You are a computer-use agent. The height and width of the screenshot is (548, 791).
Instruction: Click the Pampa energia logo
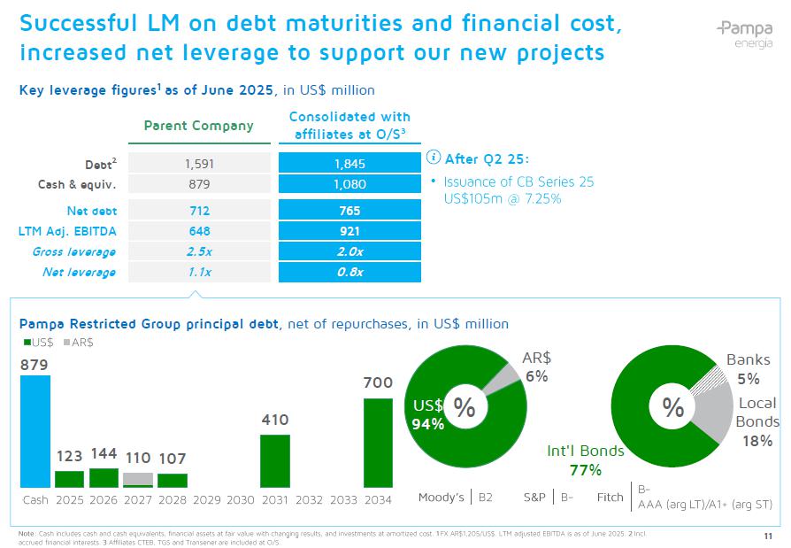pyautogui.click(x=743, y=35)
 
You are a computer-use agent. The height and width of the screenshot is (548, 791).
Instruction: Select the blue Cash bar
pyautogui.click(x=35, y=431)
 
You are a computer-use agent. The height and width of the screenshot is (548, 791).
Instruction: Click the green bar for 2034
pyautogui.click(x=378, y=443)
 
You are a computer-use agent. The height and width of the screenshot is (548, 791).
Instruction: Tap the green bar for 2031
pyautogui.click(x=274, y=460)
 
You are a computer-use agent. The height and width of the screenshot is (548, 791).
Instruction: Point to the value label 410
pyautogui.click(x=274, y=420)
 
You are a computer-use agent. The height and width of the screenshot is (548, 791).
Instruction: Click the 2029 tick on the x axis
pyautogui.click(x=206, y=499)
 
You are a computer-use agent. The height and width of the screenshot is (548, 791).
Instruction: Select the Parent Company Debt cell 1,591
pyautogui.click(x=200, y=163)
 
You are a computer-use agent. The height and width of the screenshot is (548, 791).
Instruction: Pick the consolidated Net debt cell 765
pyautogui.click(x=349, y=211)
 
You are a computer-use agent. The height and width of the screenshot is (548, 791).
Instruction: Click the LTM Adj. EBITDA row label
pyautogui.click(x=67, y=231)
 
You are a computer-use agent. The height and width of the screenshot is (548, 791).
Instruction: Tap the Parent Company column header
pyautogui.click(x=198, y=126)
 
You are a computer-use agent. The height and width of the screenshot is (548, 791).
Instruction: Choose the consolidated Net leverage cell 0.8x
pyautogui.click(x=349, y=272)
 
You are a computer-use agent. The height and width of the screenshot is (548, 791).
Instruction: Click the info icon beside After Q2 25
pyautogui.click(x=434, y=158)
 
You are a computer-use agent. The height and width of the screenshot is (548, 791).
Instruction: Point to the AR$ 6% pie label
pyautogui.click(x=536, y=367)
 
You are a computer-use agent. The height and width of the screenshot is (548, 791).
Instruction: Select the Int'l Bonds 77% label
pyautogui.click(x=585, y=459)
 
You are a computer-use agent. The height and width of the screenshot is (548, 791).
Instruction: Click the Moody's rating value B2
pyautogui.click(x=485, y=498)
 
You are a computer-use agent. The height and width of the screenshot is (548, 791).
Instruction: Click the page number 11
pyautogui.click(x=766, y=536)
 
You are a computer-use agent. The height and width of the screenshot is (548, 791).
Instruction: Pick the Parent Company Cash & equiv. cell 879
pyautogui.click(x=200, y=184)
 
